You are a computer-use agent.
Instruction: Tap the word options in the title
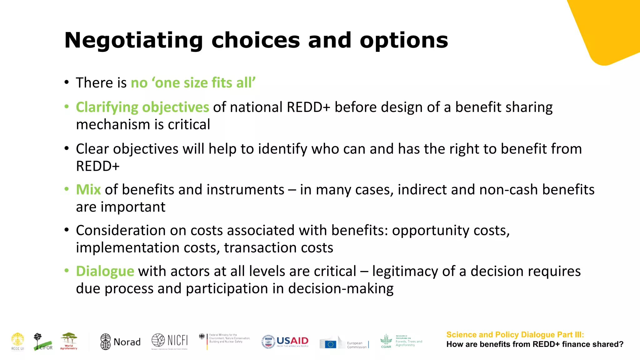[404, 41]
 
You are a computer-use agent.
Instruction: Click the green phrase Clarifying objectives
[142, 107]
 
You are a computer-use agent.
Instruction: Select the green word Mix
[88, 190]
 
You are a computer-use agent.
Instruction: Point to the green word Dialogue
[105, 271]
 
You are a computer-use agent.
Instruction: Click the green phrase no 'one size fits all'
[193, 83]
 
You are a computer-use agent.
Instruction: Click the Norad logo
[120, 342]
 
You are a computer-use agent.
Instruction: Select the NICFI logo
[170, 341]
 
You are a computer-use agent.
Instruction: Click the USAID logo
[285, 342]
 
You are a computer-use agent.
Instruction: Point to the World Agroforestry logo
[69, 341]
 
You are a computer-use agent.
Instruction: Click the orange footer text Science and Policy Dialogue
[515, 335]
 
